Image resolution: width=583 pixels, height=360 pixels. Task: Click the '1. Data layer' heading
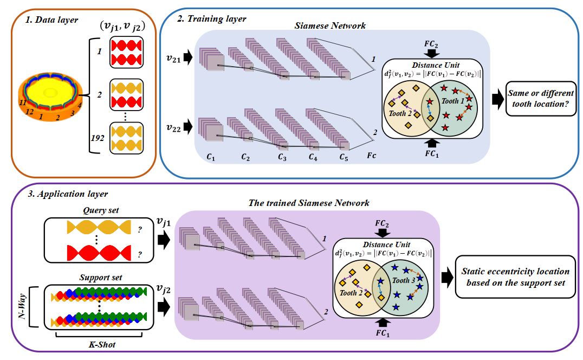click(x=51, y=20)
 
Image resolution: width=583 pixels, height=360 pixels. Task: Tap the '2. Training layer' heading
click(x=211, y=18)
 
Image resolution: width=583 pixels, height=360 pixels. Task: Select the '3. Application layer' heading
click(x=68, y=194)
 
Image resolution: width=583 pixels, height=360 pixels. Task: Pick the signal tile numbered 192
click(x=126, y=138)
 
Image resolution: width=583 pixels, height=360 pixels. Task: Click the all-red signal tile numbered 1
click(x=126, y=52)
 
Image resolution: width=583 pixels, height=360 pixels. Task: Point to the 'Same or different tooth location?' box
click(x=541, y=99)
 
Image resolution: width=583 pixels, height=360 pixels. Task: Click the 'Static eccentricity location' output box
click(x=515, y=277)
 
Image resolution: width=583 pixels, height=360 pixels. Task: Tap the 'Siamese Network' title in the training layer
click(x=330, y=25)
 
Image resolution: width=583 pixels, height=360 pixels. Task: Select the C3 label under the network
click(x=282, y=158)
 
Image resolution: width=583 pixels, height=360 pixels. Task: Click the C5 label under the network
click(x=344, y=158)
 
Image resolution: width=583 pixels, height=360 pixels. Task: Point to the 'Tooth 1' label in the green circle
click(x=452, y=101)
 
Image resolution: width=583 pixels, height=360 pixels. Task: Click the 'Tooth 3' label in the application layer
click(x=404, y=280)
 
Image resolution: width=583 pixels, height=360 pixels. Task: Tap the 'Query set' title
click(x=101, y=210)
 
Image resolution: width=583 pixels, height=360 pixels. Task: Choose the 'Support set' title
click(x=100, y=278)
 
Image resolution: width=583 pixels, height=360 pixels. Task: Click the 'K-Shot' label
click(x=102, y=344)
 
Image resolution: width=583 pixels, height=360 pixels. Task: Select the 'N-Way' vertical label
click(x=23, y=306)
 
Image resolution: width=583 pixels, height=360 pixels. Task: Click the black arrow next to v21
click(x=188, y=57)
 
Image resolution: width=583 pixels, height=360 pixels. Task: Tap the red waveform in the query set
click(x=99, y=253)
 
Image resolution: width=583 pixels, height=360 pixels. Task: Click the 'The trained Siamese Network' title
click(x=309, y=203)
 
